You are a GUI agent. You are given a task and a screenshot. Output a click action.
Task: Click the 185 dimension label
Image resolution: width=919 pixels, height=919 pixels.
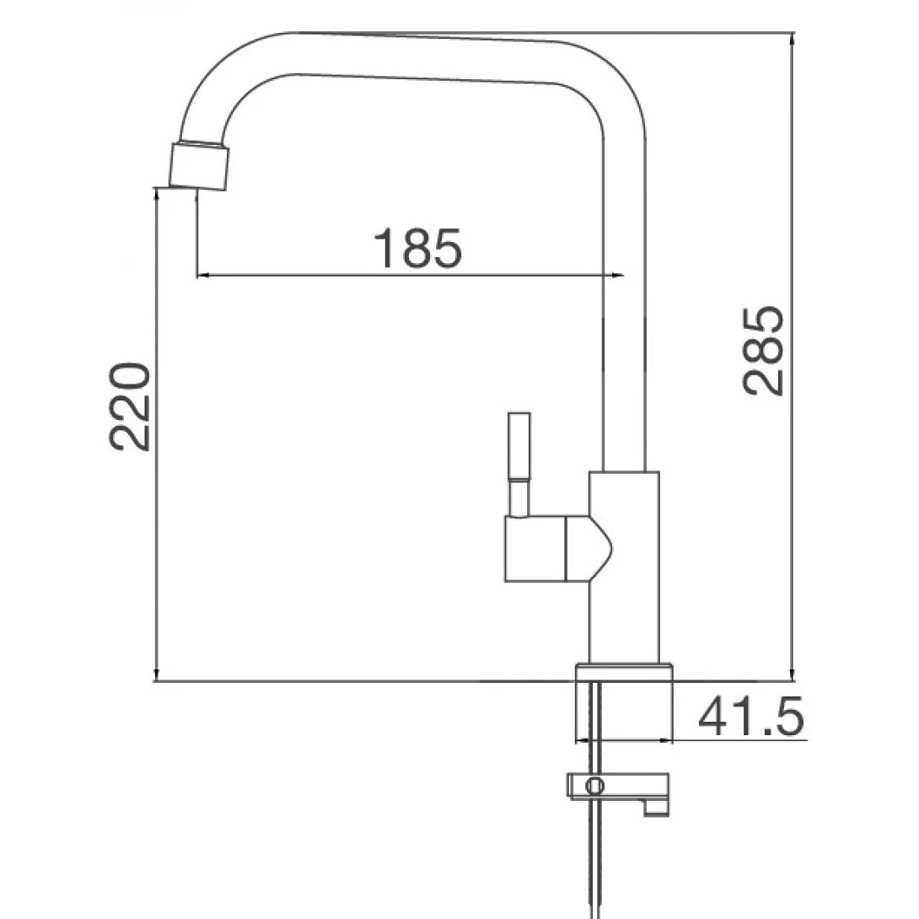click(x=418, y=248)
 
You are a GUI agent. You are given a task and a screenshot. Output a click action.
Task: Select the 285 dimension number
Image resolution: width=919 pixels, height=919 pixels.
click(x=764, y=351)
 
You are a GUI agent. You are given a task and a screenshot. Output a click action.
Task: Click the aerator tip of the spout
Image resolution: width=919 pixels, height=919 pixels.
click(x=199, y=165)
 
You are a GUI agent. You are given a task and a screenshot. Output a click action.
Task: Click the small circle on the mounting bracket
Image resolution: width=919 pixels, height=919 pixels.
click(x=595, y=786)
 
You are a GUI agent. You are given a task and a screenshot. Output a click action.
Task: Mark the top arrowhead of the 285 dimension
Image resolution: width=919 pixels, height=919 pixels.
click(x=793, y=39)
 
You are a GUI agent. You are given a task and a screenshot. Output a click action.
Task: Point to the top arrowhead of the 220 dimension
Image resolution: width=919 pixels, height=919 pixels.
click(x=157, y=194)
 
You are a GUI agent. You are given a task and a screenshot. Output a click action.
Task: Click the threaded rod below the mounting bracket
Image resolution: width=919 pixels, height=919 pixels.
click(x=597, y=852)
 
